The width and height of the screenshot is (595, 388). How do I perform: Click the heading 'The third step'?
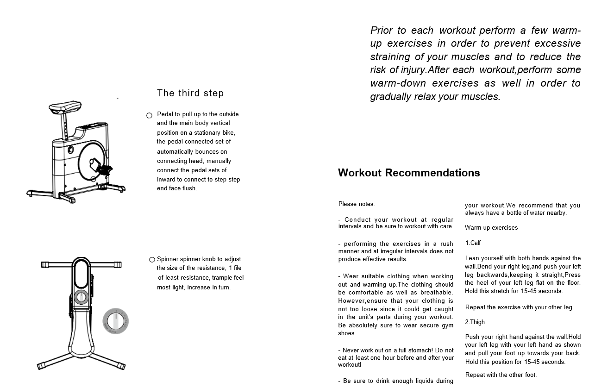click(190, 93)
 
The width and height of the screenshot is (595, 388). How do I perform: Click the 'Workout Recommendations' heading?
click(409, 173)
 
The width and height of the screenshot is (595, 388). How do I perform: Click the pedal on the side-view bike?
click(105, 169)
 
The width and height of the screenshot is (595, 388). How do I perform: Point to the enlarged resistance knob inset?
click(115, 321)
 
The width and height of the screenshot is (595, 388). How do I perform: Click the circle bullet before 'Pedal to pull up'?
click(149, 115)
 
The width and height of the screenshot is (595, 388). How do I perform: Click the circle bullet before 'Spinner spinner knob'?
click(152, 260)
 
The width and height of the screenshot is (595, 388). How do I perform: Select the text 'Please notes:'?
click(357, 204)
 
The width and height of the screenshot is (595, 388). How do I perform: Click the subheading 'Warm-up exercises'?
click(491, 228)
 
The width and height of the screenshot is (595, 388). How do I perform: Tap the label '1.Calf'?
click(473, 243)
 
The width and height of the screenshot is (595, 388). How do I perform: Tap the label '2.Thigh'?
click(475, 322)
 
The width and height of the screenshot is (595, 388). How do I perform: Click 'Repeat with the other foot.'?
click(501, 375)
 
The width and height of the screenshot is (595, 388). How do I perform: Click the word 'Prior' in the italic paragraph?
click(382, 31)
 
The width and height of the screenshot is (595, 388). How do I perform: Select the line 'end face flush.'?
click(177, 188)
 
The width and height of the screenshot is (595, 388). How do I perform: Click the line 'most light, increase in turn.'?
click(194, 288)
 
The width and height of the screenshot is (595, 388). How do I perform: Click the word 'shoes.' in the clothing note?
click(347, 333)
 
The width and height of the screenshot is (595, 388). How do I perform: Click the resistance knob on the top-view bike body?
click(81, 297)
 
